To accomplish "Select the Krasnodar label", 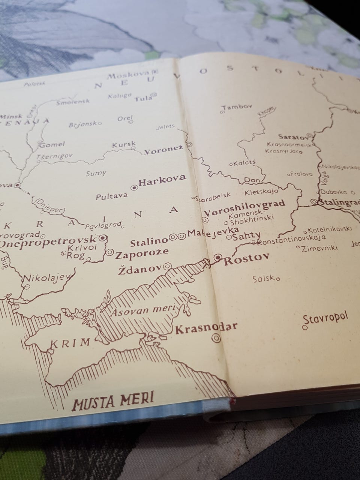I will [x=206, y=327].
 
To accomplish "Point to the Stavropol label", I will [x=326, y=318].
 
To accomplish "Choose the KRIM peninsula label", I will [x=70, y=342].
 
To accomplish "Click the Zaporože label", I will [x=142, y=255].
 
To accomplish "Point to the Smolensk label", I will [x=73, y=102].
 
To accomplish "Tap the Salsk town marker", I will [x=278, y=279].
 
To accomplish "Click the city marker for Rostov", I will [x=218, y=257].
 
